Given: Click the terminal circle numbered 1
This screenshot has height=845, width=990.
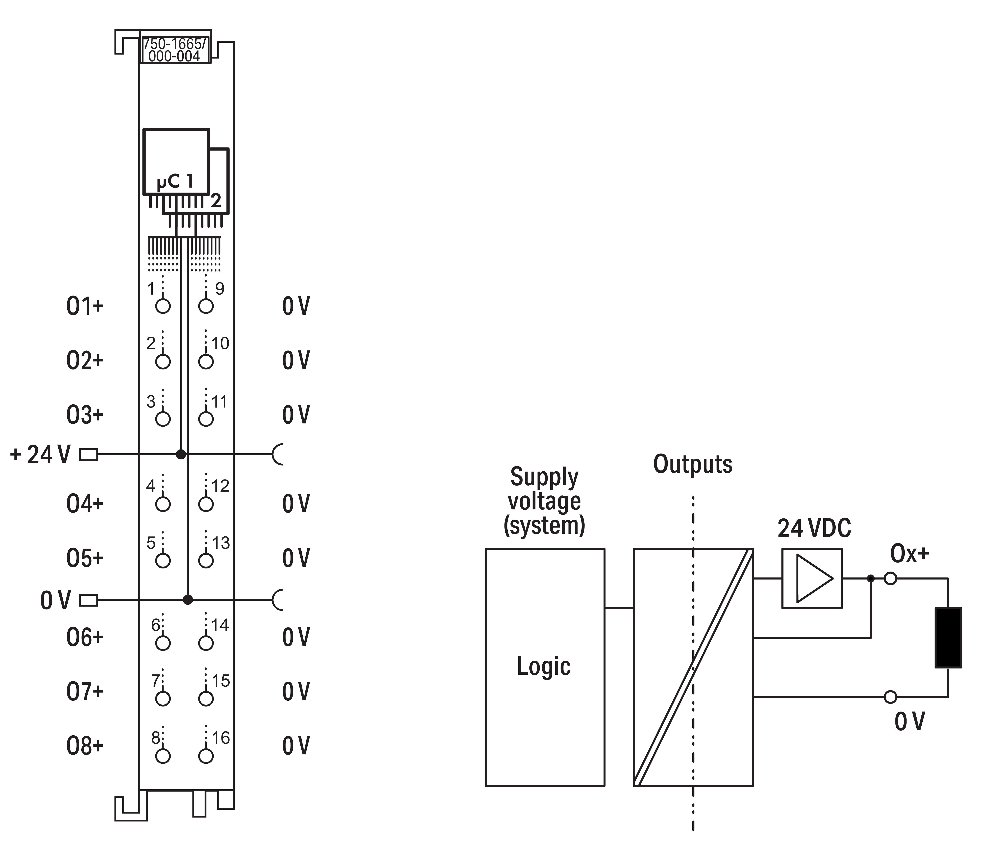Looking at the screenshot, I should (x=163, y=306).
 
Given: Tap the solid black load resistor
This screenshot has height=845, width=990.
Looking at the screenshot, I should (x=948, y=638).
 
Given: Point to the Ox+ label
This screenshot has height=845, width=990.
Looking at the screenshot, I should (x=909, y=553).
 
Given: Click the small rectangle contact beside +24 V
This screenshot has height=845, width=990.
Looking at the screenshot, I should (x=88, y=455).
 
